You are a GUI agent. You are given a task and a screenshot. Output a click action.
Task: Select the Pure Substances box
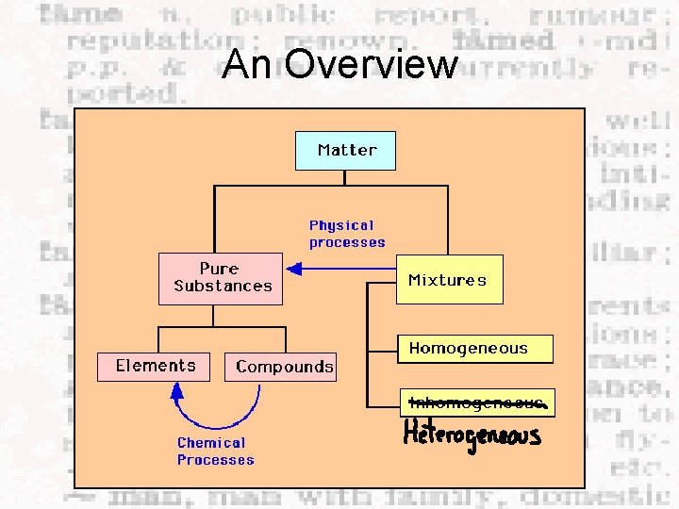(221, 277)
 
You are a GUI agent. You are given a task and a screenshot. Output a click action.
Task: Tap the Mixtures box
(448, 280)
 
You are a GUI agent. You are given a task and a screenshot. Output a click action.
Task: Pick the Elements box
(156, 366)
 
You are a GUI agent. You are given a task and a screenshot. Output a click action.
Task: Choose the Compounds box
(284, 367)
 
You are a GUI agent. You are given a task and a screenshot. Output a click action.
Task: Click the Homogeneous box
(474, 349)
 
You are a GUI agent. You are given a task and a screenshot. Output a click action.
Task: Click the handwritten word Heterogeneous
(472, 435)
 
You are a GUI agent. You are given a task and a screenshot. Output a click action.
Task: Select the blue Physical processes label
(347, 234)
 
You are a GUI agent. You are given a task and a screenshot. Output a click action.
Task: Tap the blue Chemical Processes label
(215, 452)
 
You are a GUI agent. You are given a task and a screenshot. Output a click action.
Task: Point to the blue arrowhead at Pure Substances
(291, 270)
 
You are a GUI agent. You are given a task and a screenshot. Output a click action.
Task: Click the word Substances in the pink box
(223, 286)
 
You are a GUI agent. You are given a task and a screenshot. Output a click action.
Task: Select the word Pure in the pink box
(219, 269)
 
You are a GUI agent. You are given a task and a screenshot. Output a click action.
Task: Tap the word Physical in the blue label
(341, 225)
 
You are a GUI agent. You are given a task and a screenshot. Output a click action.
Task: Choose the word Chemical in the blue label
(211, 443)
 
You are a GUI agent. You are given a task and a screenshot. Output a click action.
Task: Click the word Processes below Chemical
(215, 460)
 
